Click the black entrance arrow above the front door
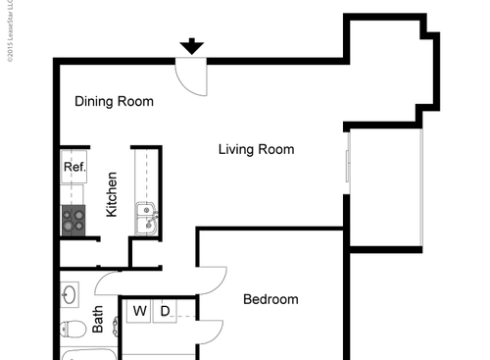point(192,45)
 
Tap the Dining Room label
point(115,101)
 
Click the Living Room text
point(256,149)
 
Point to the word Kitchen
point(112,194)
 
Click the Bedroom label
point(270,299)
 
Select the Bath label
point(98,321)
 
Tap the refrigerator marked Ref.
point(74,168)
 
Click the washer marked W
point(140,312)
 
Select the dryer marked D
point(165,312)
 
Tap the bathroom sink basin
point(70,293)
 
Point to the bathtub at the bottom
point(88,354)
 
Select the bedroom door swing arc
point(213,282)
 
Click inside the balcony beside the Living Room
point(384,186)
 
